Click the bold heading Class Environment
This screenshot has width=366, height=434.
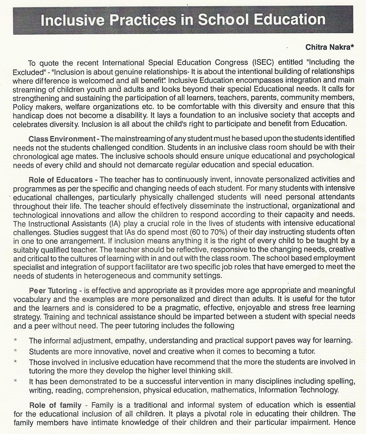[x=62, y=139]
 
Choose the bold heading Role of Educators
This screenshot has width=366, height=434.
[x=60, y=179]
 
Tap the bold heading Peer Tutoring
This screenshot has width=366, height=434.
[x=53, y=290]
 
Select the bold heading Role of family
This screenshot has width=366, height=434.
[x=55, y=405]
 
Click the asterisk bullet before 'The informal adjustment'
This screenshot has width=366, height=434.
[x=16, y=340]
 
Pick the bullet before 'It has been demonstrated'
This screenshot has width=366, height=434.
[x=16, y=381]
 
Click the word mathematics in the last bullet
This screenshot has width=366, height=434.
[x=233, y=390]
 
